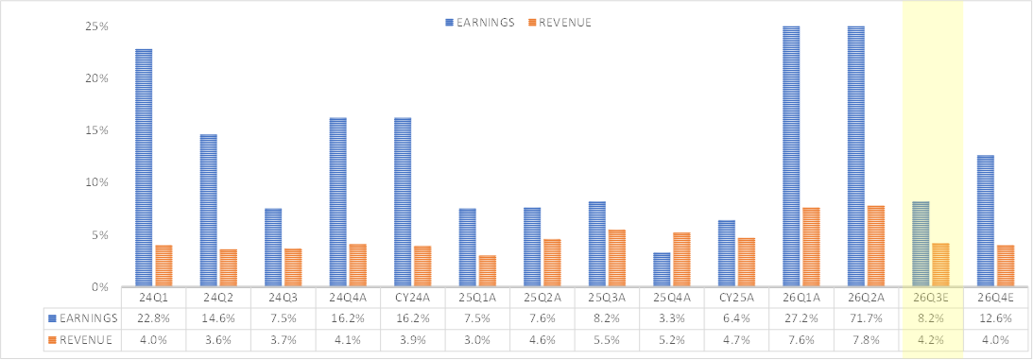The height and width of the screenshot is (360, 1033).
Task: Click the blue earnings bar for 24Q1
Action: point(144,168)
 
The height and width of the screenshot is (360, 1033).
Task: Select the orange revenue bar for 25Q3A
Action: point(617,258)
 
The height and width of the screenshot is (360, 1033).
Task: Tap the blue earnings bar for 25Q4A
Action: point(662,270)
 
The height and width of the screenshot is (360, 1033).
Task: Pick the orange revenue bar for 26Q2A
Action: point(877,247)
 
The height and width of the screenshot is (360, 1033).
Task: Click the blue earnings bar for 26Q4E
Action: point(986,221)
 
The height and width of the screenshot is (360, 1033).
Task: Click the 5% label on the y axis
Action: point(102,235)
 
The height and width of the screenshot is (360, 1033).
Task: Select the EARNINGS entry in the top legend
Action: point(479,22)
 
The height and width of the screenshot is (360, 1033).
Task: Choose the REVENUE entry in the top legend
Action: point(560,22)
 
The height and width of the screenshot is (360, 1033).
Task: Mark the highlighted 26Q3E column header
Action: point(931,298)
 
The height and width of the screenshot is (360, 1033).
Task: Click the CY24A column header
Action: point(412,298)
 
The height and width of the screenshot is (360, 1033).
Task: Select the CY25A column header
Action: point(736,298)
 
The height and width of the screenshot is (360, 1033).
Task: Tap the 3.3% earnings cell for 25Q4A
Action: point(672,318)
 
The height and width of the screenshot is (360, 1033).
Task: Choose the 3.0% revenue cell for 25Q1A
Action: point(477,340)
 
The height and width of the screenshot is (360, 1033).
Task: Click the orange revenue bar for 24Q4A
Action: point(358,266)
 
